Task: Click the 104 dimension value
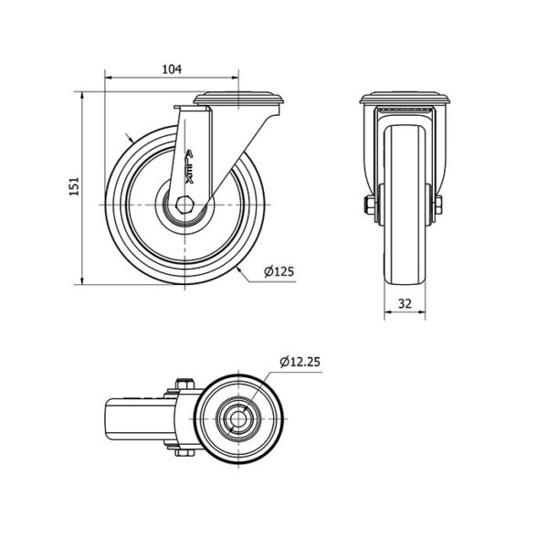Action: [x=172, y=69]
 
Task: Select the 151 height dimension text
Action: [x=74, y=186]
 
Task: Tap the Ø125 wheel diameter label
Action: [x=279, y=271]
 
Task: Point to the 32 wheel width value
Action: [x=405, y=303]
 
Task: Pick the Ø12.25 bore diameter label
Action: [x=300, y=362]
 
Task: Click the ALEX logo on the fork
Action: [x=189, y=167]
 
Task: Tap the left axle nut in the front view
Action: [x=369, y=205]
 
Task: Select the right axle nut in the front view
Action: [x=438, y=205]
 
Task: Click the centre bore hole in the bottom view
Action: [x=238, y=418]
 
